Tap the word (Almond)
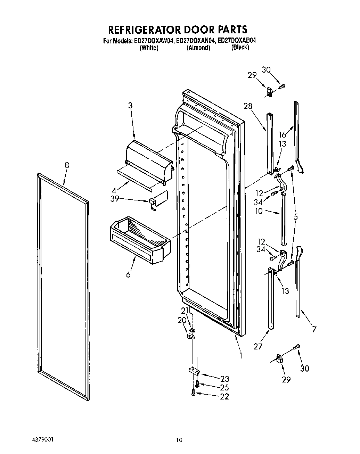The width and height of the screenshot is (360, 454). tap(198, 48)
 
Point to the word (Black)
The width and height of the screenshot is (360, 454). tap(240, 48)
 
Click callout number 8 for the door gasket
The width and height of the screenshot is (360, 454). tap(67, 165)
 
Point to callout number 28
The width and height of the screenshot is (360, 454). tap(248, 106)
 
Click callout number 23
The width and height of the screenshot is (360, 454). tap(224, 379)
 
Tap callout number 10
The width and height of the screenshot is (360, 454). tap(259, 211)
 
